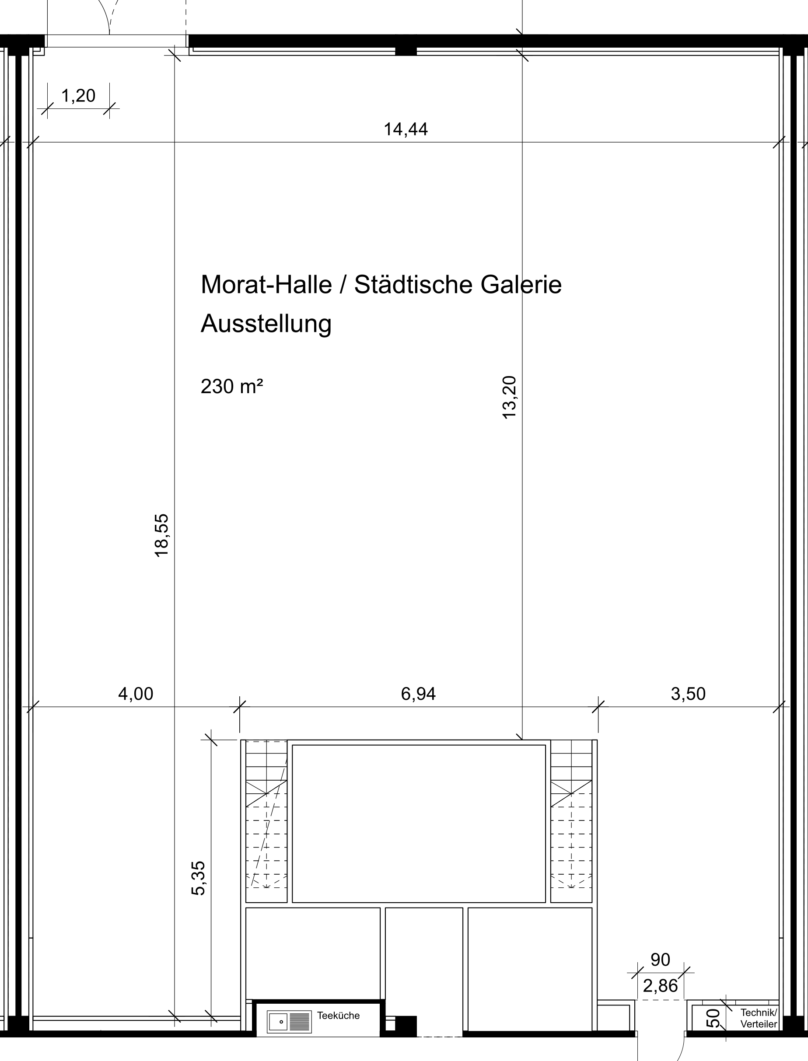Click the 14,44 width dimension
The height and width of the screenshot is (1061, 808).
[x=406, y=129]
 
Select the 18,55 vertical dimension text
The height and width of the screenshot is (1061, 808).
[x=161, y=535]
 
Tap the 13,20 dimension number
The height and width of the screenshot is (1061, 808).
[x=509, y=397]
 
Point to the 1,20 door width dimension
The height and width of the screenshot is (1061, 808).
[x=78, y=96]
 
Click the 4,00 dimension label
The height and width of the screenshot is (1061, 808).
[x=136, y=694]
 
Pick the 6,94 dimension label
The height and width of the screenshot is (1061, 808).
[x=418, y=694]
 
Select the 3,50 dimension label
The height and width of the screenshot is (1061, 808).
[x=688, y=694]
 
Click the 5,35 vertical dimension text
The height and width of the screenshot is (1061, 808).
[x=198, y=878]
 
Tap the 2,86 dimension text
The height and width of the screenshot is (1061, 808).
[x=660, y=986]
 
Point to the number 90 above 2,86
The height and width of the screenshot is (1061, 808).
[x=660, y=960]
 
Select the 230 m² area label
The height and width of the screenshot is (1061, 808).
[x=232, y=387]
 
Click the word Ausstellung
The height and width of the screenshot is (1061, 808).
[x=266, y=324]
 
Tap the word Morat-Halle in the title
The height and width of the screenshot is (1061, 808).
[x=266, y=285]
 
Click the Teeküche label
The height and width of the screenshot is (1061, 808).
[x=338, y=1016]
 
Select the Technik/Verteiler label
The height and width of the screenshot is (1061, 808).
[x=759, y=1019]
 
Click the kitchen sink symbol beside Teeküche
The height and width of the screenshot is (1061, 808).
[x=290, y=1022]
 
